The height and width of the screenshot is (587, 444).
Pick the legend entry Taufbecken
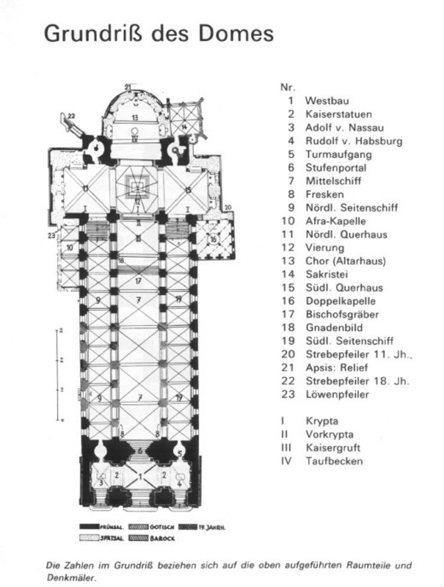332,461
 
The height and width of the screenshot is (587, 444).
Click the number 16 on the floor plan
213,239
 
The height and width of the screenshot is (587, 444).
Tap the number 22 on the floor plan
71,116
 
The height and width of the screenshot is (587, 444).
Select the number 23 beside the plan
51,235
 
